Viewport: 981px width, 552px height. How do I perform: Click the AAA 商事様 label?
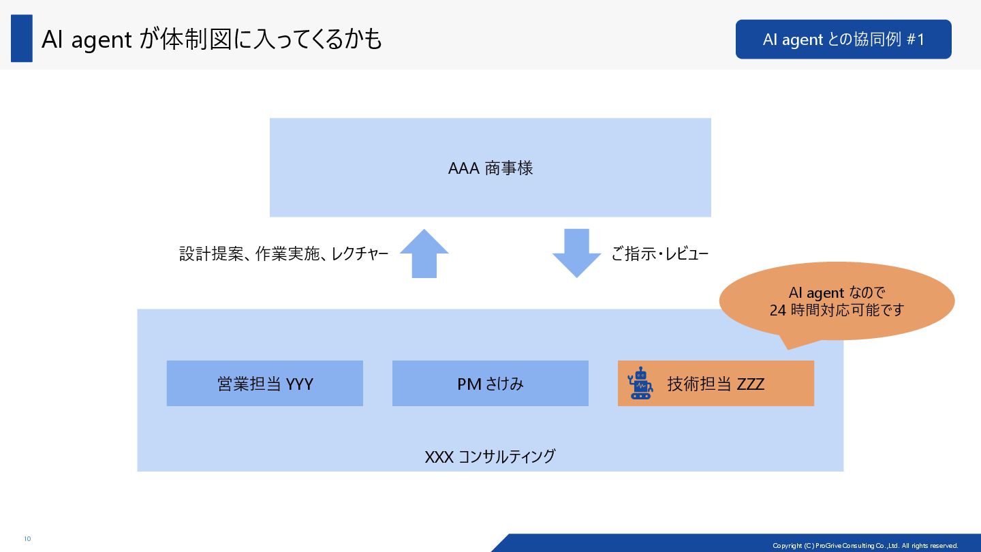490,168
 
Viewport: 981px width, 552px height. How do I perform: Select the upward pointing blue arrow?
424,254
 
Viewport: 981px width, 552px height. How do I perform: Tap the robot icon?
640,383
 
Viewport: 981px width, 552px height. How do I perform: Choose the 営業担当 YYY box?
264,384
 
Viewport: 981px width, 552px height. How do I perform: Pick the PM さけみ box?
490,384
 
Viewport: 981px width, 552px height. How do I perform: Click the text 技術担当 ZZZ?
715,384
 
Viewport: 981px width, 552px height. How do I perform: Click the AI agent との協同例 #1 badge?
843,40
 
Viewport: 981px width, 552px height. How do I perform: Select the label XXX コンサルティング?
490,456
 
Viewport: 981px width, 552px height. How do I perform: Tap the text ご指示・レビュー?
659,255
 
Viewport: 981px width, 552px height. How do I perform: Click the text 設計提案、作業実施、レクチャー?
283,255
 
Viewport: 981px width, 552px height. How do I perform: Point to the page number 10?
27,539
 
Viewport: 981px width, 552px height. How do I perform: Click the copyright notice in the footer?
865,545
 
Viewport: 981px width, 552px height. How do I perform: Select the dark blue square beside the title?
22,39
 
